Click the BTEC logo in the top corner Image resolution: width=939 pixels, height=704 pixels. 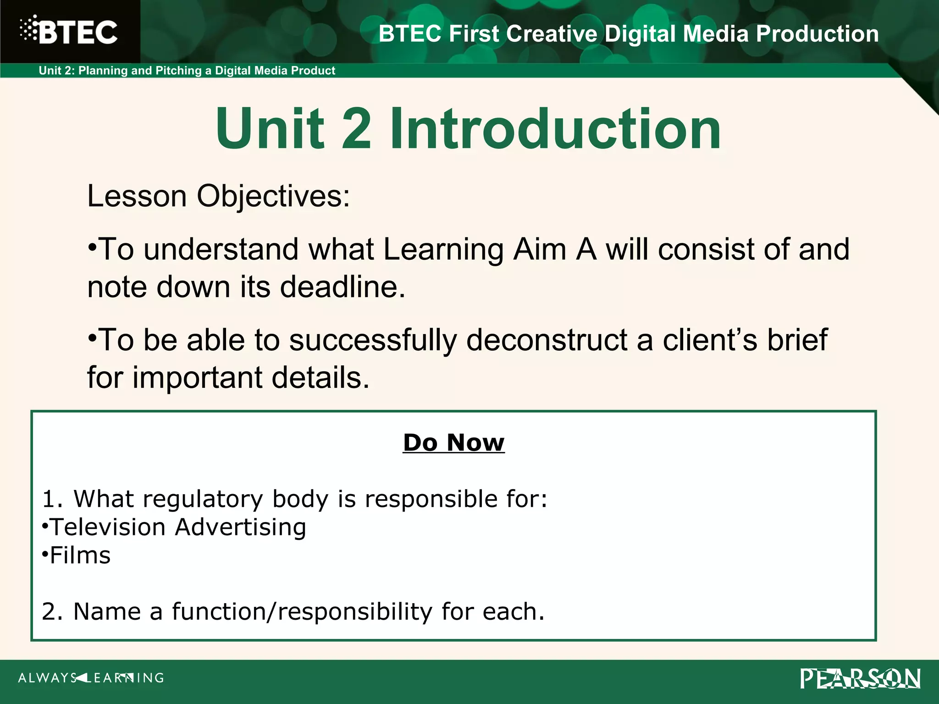point(69,31)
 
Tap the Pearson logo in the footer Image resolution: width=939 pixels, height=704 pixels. point(860,679)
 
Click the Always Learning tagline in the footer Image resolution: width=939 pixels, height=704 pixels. point(91,678)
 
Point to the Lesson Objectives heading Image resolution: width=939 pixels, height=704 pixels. point(218,196)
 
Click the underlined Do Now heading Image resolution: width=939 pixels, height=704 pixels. point(453,443)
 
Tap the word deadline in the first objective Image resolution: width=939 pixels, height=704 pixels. point(342,287)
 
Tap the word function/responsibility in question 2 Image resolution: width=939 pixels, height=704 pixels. point(302,611)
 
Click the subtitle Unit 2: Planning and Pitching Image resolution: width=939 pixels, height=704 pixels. point(187,71)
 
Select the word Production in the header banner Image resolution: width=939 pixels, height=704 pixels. point(817,34)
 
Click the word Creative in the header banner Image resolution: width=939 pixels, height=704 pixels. point(552,34)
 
